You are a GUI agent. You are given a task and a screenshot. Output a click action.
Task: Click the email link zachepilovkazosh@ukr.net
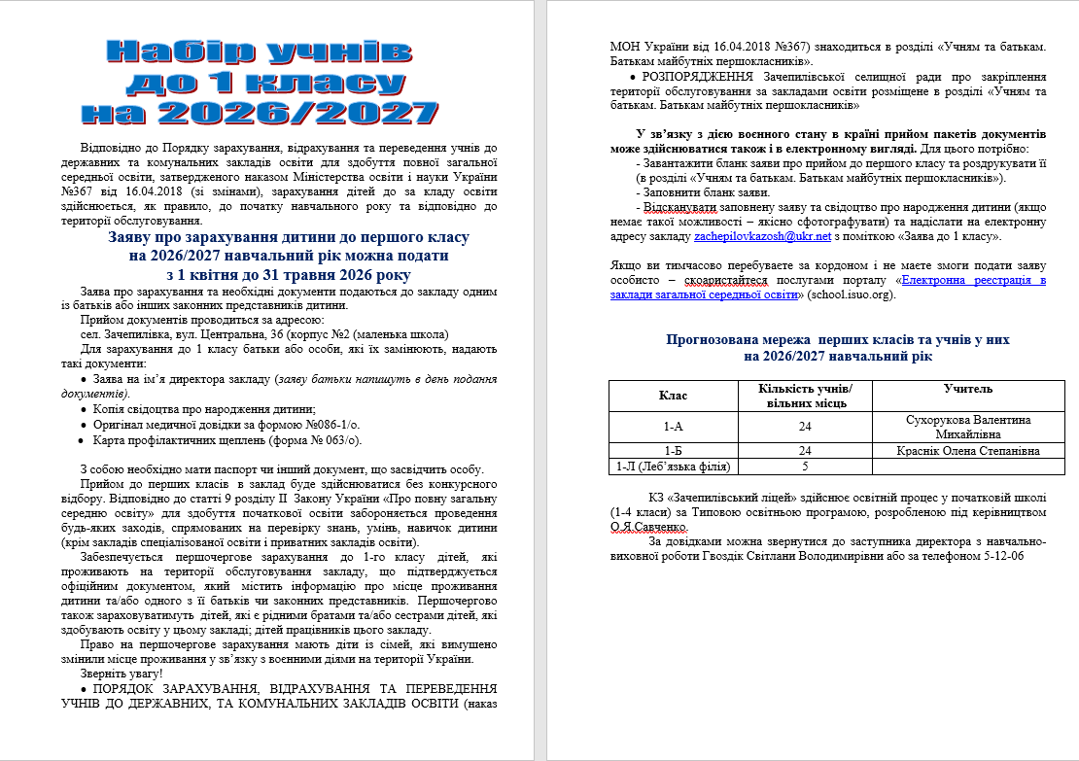point(762,236)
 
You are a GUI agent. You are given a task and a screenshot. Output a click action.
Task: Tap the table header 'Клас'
point(673,396)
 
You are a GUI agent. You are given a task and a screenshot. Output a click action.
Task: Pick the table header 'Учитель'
point(968,389)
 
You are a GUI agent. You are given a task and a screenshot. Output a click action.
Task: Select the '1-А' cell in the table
point(673,426)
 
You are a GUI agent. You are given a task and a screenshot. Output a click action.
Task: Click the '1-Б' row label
point(673,451)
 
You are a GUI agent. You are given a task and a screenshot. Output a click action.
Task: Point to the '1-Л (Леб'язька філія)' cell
point(673,467)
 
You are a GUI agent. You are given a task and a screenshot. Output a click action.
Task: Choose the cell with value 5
point(805,467)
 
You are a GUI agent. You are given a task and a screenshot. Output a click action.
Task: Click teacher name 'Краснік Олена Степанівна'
point(968,451)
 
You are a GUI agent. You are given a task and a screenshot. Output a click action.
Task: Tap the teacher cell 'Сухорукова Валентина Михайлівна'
point(968,426)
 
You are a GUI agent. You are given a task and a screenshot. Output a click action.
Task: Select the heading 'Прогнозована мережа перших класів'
point(837,340)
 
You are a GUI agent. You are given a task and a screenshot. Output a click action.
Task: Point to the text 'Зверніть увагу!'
point(121,674)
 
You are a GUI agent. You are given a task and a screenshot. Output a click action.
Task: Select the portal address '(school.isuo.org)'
point(844,294)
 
